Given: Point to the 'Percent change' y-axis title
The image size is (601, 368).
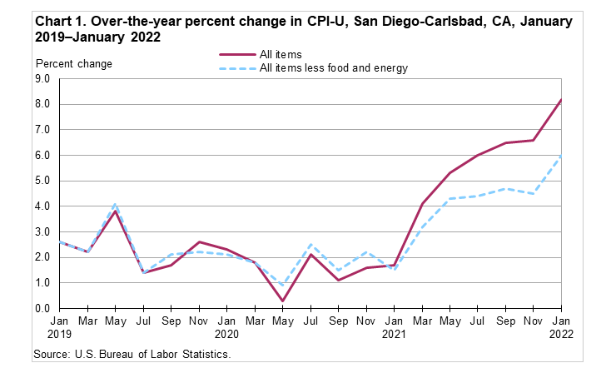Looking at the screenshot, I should [x=73, y=63].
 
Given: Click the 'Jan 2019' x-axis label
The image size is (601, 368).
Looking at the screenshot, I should [x=60, y=326].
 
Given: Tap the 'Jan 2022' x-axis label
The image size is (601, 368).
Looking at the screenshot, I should [x=562, y=326].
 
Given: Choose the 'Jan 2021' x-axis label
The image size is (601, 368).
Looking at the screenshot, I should [x=395, y=326].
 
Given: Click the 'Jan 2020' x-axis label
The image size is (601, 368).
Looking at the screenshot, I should [x=227, y=326].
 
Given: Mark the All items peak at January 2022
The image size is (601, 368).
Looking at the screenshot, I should [x=562, y=100].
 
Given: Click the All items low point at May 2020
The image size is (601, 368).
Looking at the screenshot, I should [x=283, y=301].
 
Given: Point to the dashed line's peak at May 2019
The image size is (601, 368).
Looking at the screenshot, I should [x=116, y=204].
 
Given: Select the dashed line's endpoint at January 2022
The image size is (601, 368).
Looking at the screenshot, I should [x=562, y=156].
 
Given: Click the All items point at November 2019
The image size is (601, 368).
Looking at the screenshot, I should [x=199, y=242].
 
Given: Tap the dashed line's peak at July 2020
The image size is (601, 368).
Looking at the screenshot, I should [x=310, y=245].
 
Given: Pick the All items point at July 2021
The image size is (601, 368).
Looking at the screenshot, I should [x=478, y=156].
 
